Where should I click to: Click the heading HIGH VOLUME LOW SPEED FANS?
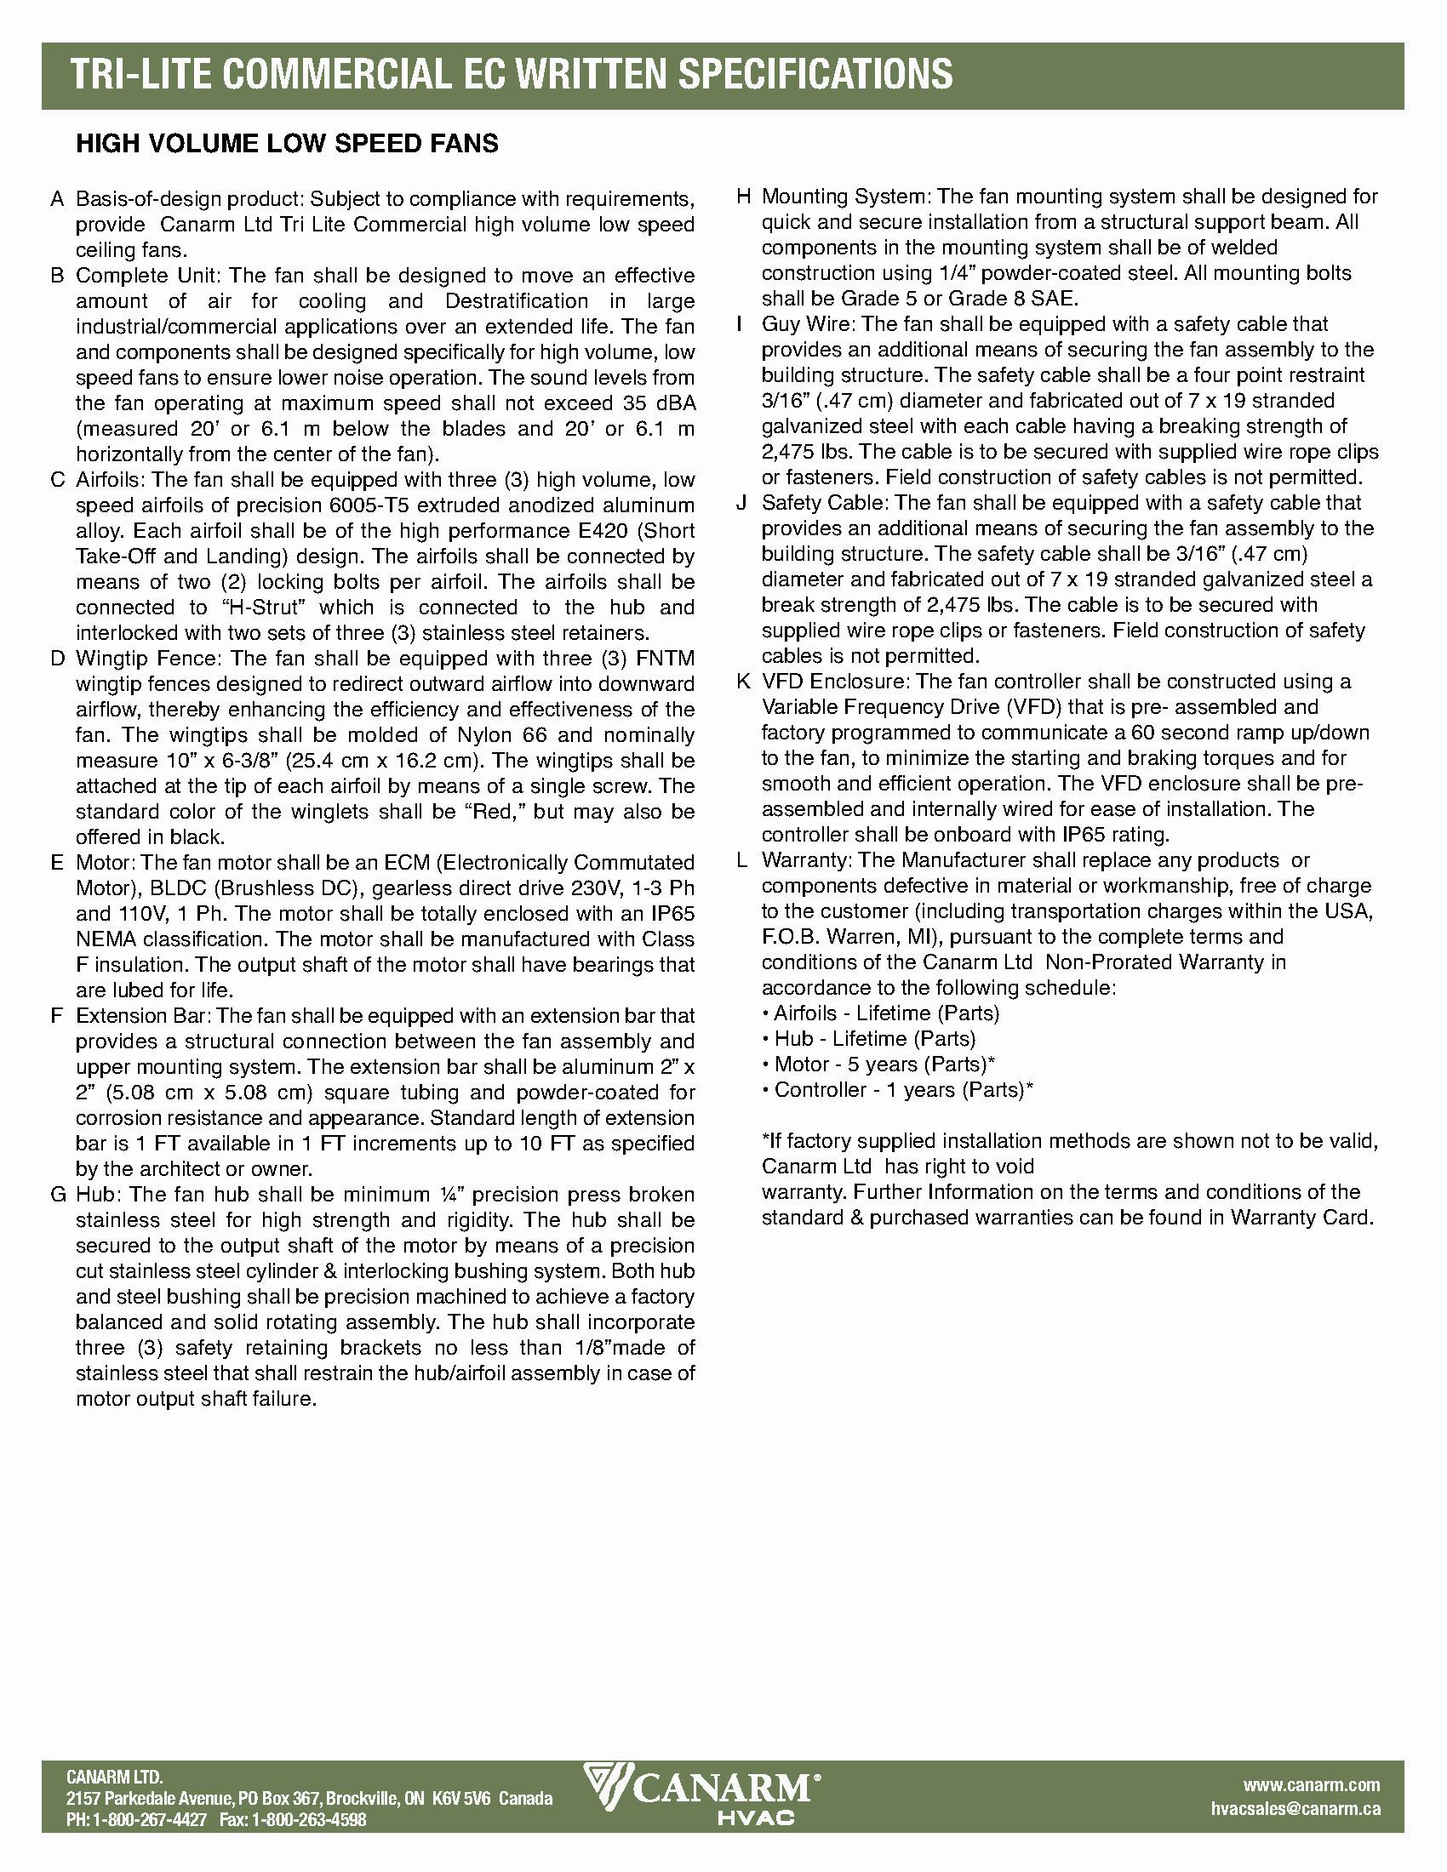287,143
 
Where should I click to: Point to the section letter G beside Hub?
58,1195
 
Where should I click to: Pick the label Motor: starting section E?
106,862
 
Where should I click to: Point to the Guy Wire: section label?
809,324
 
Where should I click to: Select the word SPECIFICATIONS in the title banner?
815,75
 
